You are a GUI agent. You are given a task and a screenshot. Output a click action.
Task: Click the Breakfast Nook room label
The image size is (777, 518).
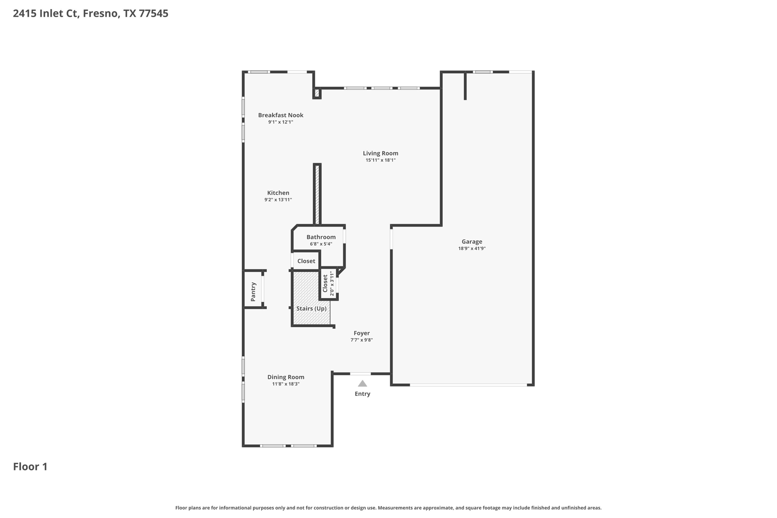coord(281,115)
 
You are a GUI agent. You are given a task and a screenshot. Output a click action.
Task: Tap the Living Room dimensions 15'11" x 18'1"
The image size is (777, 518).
coord(381,160)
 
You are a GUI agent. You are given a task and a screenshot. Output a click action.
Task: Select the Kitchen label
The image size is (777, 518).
coord(278,193)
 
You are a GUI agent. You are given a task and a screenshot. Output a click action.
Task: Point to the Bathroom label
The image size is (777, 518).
coord(321,237)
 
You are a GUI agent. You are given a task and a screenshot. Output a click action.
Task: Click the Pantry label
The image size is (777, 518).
coord(253,291)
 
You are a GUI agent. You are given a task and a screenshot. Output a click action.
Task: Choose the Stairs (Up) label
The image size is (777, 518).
coord(311,309)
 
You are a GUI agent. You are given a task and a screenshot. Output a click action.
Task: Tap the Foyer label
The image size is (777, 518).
coord(362,333)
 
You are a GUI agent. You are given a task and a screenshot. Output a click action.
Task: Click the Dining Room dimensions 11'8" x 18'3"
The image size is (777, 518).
coord(286,384)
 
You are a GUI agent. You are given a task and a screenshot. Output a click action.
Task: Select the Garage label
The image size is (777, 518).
coord(472,241)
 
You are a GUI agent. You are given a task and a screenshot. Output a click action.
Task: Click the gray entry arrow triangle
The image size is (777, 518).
coord(362,384)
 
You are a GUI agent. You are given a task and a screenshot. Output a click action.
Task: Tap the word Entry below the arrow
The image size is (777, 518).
coord(362,394)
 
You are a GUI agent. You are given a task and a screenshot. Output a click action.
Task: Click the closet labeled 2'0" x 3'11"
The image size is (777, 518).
coord(328,283)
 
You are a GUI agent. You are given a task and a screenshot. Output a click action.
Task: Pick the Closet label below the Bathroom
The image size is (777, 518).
coord(306,261)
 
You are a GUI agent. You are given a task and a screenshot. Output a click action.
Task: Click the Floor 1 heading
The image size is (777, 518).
coord(30,467)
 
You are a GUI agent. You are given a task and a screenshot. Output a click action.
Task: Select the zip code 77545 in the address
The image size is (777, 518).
coord(154,14)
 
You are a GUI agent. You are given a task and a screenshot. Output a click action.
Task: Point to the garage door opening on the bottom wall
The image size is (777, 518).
coord(468,385)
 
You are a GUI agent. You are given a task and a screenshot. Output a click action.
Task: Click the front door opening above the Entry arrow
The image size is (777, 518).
coord(360,374)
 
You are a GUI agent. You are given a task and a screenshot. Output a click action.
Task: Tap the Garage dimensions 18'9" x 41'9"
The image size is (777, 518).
coord(472,249)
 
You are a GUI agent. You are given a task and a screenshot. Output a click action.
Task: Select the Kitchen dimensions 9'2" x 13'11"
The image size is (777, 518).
coord(278,200)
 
